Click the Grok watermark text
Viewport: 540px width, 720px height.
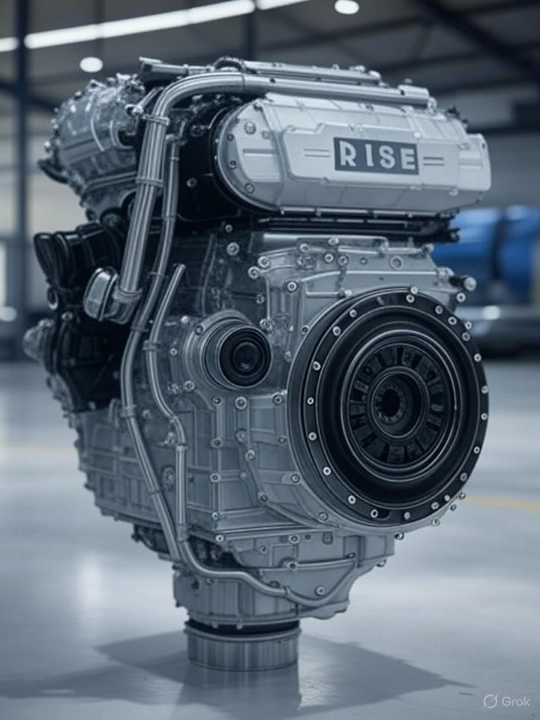coord(515,701)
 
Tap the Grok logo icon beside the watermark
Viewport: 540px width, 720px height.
coord(490,701)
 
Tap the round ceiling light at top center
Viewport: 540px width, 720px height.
coord(346,6)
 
